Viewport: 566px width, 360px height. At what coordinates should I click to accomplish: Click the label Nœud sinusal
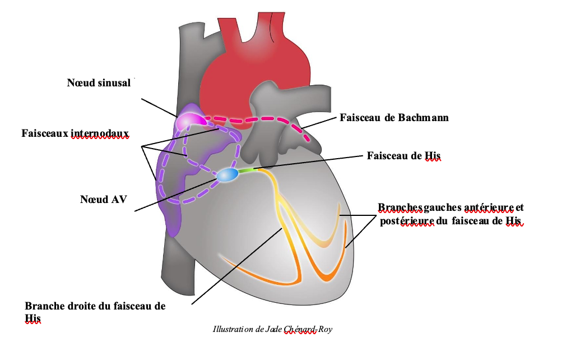tap(99, 84)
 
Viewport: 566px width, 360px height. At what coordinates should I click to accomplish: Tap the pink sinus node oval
tap(189, 121)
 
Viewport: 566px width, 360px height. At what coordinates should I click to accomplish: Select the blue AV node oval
tap(227, 175)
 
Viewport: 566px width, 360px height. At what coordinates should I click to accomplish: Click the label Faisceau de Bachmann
tap(394, 118)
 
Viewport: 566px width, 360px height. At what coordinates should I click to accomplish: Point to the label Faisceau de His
tap(402, 155)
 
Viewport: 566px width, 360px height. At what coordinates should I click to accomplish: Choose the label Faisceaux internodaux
tap(75, 133)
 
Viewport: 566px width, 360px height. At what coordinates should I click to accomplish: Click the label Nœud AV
tap(104, 199)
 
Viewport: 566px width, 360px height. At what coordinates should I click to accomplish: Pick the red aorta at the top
tap(255, 67)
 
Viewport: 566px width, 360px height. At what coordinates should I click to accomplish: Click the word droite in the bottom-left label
tap(83, 306)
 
